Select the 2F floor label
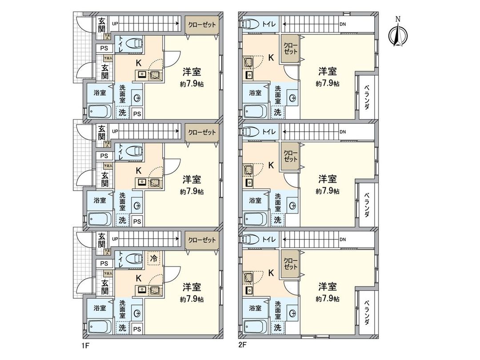click(x=243, y=344)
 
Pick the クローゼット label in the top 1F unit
click(x=202, y=24)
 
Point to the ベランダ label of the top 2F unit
click(x=367, y=98)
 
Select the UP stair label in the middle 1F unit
click(x=115, y=132)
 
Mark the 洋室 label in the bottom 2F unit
click(x=327, y=287)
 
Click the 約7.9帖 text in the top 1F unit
click(x=192, y=83)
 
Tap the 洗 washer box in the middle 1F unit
click(x=122, y=220)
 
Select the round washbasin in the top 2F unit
click(x=292, y=98)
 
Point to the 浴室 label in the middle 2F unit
click(x=255, y=200)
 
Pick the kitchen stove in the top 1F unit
click(x=155, y=75)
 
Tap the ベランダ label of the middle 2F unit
click(x=367, y=205)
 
